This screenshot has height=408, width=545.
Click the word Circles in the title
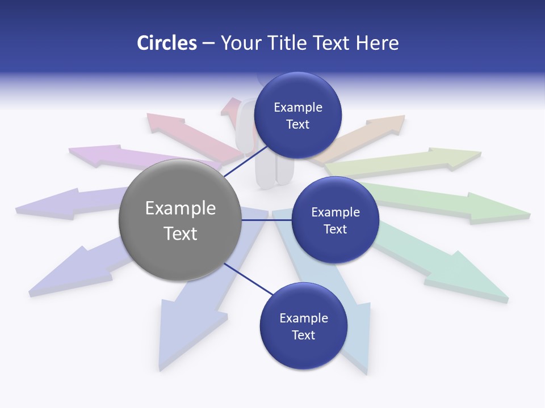pyautogui.click(x=166, y=43)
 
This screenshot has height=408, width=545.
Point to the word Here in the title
pyautogui.click(x=377, y=43)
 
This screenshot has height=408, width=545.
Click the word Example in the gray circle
pyautogui.click(x=181, y=209)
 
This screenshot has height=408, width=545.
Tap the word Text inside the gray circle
pyautogui.click(x=181, y=233)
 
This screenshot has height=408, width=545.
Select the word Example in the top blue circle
pyautogui.click(x=298, y=108)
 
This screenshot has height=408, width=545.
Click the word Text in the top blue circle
pyautogui.click(x=298, y=125)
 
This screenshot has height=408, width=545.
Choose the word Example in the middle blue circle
pyautogui.click(x=336, y=212)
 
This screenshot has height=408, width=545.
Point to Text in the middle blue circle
pyautogui.click(x=336, y=229)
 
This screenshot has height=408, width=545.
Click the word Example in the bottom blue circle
pyautogui.click(x=304, y=318)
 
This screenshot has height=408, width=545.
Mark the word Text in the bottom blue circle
pyautogui.click(x=304, y=335)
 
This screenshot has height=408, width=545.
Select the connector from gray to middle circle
pyautogui.click(x=266, y=220)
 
